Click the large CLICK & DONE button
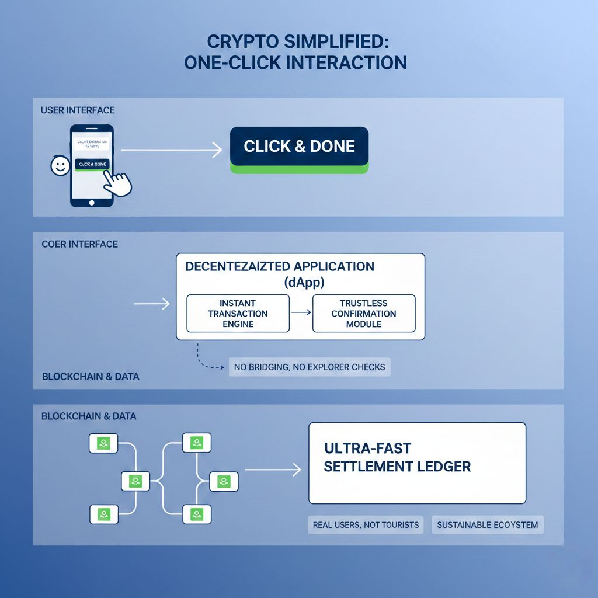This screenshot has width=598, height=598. coord(299,147)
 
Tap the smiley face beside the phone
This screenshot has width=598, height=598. coord(60,166)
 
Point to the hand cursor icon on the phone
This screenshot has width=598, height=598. coord(119,184)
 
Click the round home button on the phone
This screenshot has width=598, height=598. coord(91,202)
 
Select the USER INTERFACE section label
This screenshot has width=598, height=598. coord(78,110)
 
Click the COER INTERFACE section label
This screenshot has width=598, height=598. coord(79,244)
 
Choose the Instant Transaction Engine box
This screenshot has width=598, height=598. coord(238,314)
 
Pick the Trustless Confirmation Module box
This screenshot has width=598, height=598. coord(364,314)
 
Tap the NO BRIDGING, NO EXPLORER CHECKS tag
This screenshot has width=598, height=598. coord(310,367)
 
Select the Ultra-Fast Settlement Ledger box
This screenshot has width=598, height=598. coord(417,463)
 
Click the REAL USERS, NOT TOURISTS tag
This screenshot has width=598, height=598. coord(366,524)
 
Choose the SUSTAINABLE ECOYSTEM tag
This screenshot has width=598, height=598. coord(488,524)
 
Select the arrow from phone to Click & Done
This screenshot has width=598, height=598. coord(171,150)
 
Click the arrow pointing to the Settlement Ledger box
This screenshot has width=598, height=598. coord(273,468)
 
